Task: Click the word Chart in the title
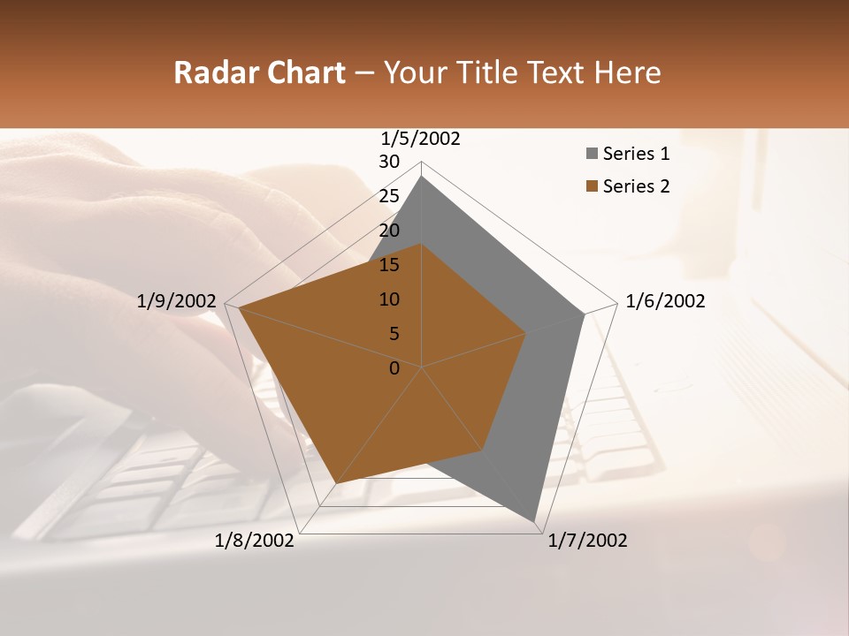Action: [302, 73]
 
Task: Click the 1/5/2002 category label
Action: [421, 139]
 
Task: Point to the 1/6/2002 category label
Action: [665, 302]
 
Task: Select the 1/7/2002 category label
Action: [587, 541]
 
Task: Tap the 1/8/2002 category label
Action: [255, 541]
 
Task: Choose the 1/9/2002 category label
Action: [177, 302]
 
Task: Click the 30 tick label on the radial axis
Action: [389, 162]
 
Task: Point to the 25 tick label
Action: [389, 196]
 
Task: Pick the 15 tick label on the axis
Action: [389, 265]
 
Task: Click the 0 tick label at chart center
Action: [394, 368]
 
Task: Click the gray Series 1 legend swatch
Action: [592, 155]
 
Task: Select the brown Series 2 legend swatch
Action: [592, 186]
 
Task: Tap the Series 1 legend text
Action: [636, 155]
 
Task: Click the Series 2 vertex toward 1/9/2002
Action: [239, 308]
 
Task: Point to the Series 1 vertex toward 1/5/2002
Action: [422, 176]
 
